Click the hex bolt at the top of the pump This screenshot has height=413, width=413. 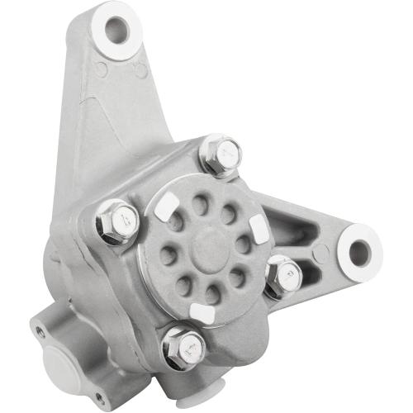point(221,153)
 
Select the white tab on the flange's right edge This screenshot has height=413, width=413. point(259,229)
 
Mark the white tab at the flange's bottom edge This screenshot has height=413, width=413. point(202,312)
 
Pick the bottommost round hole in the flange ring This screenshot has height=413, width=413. point(212,293)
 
